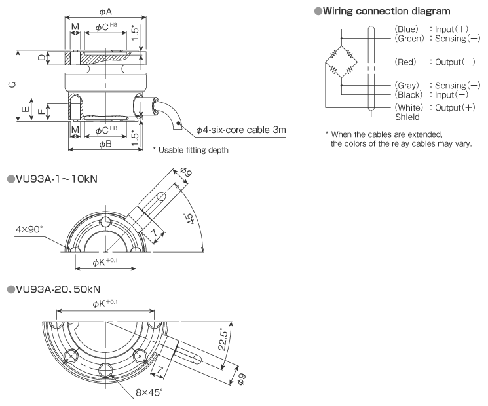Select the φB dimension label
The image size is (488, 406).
tap(105, 145)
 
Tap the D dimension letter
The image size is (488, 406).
tap(41, 58)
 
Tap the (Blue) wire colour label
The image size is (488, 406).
tap(407, 30)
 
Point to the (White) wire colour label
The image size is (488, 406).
tap(408, 107)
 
